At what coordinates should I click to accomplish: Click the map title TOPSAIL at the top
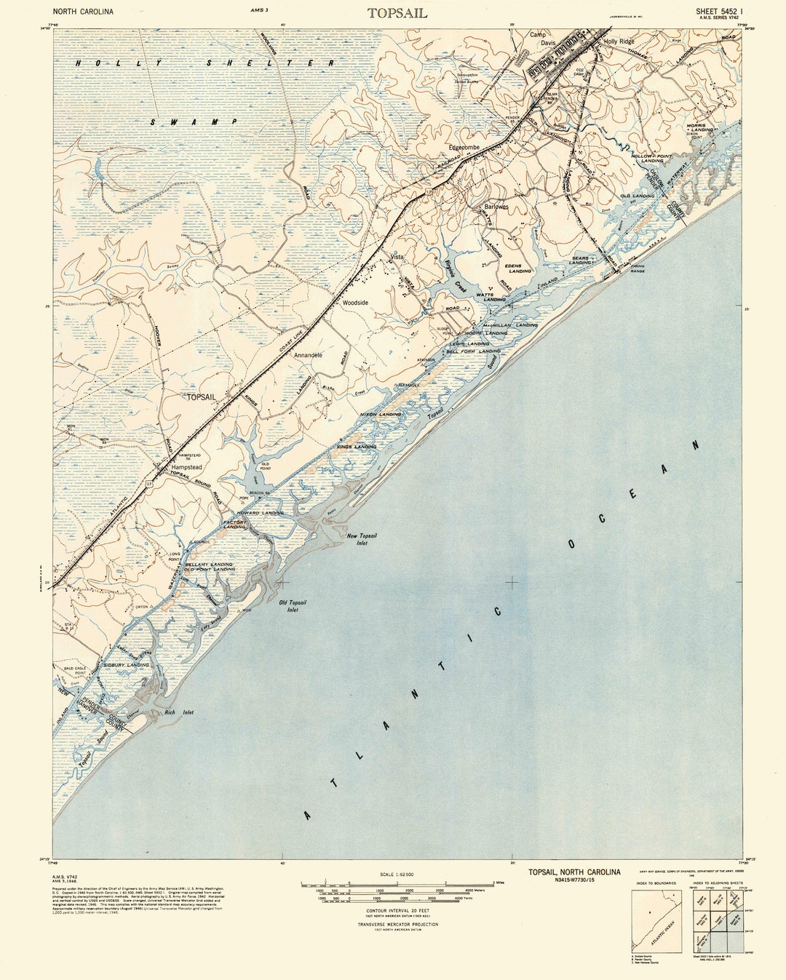[x=397, y=13]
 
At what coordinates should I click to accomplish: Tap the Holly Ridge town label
[x=619, y=41]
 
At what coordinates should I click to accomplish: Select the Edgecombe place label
[x=464, y=147]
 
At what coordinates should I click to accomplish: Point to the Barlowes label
[x=496, y=207]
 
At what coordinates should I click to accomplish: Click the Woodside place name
[x=356, y=302]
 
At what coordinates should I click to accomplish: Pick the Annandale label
[x=308, y=355]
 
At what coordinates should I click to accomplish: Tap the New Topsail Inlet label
[x=362, y=539]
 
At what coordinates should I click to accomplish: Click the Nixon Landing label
[x=381, y=414]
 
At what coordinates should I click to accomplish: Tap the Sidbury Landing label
[x=126, y=664]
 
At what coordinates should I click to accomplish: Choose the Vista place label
[x=397, y=257]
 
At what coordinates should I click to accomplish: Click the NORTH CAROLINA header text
[x=83, y=12]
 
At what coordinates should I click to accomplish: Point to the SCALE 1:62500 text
[x=397, y=874]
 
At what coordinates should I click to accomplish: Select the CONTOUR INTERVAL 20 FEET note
[x=397, y=910]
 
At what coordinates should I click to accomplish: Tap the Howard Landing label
[x=260, y=513]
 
